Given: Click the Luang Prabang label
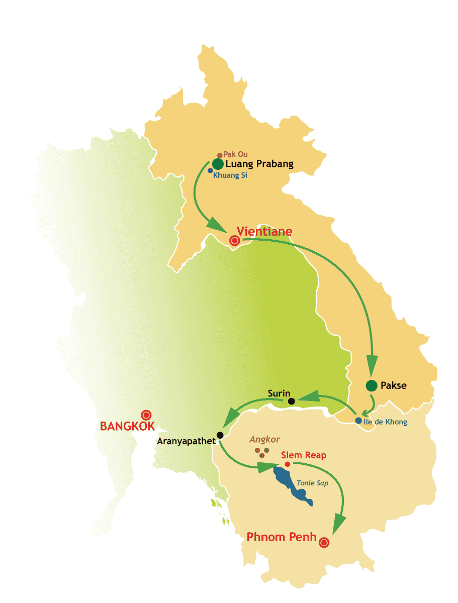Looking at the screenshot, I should coord(259,164).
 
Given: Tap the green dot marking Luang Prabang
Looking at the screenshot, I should coord(218,164).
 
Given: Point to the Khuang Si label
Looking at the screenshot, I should coord(230,175).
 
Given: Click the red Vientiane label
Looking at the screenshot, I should coord(264,232).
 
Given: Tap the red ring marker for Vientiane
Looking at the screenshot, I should coord(234,241).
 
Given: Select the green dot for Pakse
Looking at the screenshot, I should coord(371,385).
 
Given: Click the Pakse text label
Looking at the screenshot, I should coord(394,386).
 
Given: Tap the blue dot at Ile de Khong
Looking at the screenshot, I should coord(358,421).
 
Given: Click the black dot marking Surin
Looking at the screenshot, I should coord(291,401).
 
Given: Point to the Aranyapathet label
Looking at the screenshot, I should coord(187,442).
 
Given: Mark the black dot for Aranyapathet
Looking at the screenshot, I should coord(220,435).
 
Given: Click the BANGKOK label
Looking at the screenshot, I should coord(125,427).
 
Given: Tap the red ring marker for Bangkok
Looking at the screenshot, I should coord(146,415).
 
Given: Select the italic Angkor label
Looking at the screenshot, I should coord(264,439).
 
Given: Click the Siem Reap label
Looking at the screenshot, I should coord(304,455).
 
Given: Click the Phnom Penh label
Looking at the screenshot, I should coord(282,537).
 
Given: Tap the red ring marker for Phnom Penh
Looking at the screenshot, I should coord(324,542).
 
